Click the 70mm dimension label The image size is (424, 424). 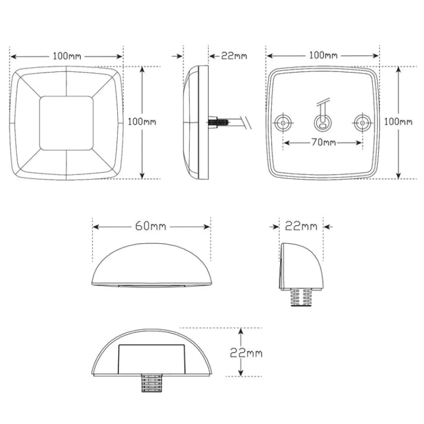(x=323, y=143)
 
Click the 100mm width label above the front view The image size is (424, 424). (x=66, y=56)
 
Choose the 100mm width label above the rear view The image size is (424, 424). (x=323, y=56)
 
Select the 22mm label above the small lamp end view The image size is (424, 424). (x=301, y=226)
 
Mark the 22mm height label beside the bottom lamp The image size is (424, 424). (x=246, y=353)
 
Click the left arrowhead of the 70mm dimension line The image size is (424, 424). (x=286, y=143)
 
